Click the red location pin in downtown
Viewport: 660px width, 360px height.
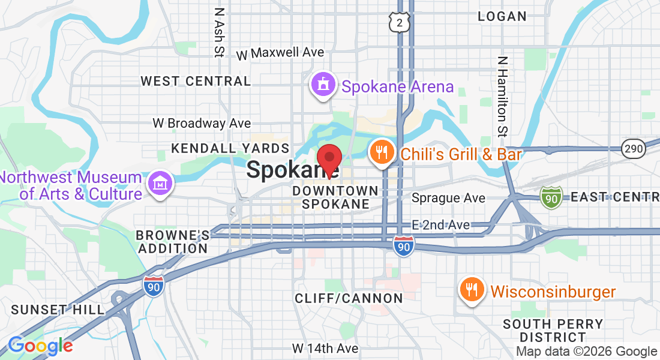[x=329, y=160]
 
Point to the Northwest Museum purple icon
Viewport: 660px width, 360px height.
[x=160, y=183]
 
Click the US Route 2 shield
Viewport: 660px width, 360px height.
[x=399, y=22]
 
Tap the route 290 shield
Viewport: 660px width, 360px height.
[x=634, y=148]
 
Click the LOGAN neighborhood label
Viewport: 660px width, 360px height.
[x=502, y=17]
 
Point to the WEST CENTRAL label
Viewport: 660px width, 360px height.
[x=196, y=81]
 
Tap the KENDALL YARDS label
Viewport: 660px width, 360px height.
[x=230, y=148]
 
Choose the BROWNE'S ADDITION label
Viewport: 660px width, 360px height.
[x=173, y=241]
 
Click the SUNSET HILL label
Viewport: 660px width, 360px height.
[x=58, y=310]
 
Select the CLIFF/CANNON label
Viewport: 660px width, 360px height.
[x=349, y=298]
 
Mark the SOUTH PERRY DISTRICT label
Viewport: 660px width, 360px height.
[x=553, y=331]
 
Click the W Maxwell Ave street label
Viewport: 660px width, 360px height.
[x=280, y=53]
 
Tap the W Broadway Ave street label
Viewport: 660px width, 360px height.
[x=202, y=123]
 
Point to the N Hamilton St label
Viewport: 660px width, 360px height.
[x=503, y=96]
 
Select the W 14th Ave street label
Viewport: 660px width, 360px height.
[x=325, y=348]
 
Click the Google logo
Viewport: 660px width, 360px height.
[x=40, y=346]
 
